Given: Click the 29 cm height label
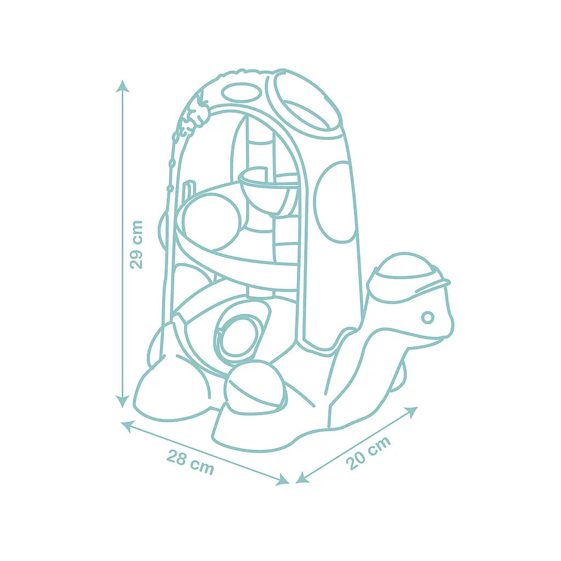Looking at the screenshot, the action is [136, 245].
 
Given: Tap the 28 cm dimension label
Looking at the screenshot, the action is [190, 462].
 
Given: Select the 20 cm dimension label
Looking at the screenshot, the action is [368, 453].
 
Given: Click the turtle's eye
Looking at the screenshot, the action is [427, 317].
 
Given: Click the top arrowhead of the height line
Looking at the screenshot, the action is [122, 86].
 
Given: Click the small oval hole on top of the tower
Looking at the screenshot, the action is [242, 92].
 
